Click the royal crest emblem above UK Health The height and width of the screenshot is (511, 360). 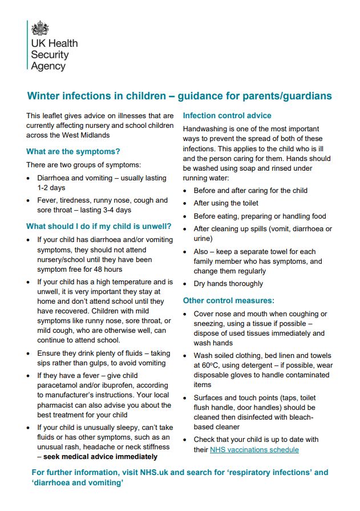(39, 28)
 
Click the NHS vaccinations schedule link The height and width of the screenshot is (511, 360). (254, 450)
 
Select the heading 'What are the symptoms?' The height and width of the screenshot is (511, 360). (73, 151)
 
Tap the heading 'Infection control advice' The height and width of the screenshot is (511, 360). (226, 115)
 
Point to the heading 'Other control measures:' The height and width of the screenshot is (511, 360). (228, 300)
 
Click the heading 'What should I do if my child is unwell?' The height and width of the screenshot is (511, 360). (99, 226)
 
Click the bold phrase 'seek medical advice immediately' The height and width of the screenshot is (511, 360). (100, 457)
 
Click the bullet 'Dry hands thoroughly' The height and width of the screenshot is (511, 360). (228, 284)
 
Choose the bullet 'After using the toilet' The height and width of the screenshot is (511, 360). (226, 203)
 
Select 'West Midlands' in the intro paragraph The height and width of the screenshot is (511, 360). (83, 135)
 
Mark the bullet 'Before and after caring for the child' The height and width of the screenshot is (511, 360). (250, 190)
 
